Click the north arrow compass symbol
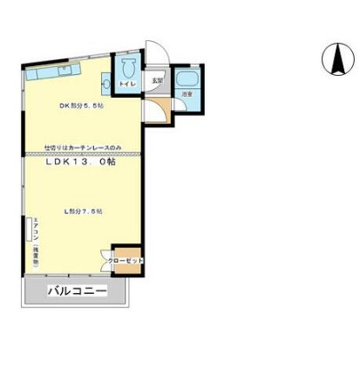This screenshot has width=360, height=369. click(x=332, y=58)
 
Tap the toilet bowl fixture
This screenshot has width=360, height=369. click(x=128, y=69)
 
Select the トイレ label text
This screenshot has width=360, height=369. click(x=127, y=84)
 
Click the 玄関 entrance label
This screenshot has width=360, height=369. click(x=156, y=80)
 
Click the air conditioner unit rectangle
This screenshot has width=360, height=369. click(x=26, y=236)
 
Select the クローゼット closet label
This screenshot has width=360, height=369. click(x=126, y=260)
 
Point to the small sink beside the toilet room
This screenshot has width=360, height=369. click(x=106, y=84)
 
